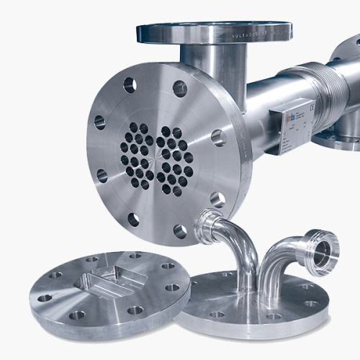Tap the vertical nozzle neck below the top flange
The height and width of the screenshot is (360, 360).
point(209,65)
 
